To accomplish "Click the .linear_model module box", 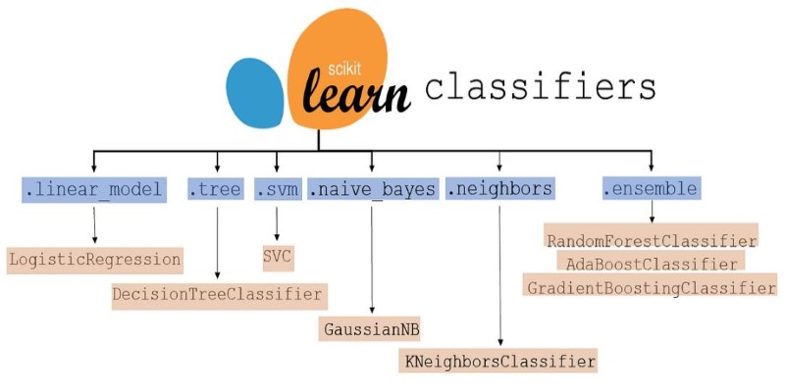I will point(94,188).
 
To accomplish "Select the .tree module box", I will point(215,188).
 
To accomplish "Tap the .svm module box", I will point(276,188).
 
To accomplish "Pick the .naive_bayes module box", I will point(372,188).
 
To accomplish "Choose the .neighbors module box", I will point(499,188).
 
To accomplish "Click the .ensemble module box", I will point(651,188).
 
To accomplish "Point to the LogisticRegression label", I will point(95,260).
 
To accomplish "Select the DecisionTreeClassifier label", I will point(217,293).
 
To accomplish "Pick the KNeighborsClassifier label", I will point(500,362).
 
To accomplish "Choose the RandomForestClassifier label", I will point(652,240).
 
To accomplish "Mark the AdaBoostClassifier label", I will point(651,264).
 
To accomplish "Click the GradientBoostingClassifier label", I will point(652,288).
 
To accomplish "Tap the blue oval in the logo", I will point(255,93).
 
